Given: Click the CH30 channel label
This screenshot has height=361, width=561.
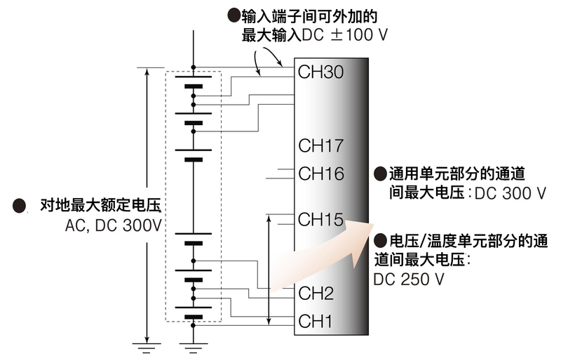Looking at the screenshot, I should coord(320,72).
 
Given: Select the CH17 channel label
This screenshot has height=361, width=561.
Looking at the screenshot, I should coord(320,146).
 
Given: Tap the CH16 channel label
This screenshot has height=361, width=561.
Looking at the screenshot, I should coord(320,173).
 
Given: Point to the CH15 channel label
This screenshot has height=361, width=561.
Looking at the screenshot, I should coord(320,219).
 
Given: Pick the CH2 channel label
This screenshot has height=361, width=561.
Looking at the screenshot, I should coord(316,293).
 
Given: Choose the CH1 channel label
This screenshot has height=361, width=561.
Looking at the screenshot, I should coord(316,322).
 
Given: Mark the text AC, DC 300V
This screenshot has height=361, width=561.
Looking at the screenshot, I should coord(112,226).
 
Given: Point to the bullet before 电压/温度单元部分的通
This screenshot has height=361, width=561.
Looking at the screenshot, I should coord(380,240).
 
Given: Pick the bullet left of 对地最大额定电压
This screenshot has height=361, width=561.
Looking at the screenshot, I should coord(20,206).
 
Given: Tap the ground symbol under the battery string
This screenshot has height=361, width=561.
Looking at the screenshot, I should coord(193,343).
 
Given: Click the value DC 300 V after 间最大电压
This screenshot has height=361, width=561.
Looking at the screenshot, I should coord(510,193).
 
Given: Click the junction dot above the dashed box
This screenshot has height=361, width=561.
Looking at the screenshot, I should coord(193,67).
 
